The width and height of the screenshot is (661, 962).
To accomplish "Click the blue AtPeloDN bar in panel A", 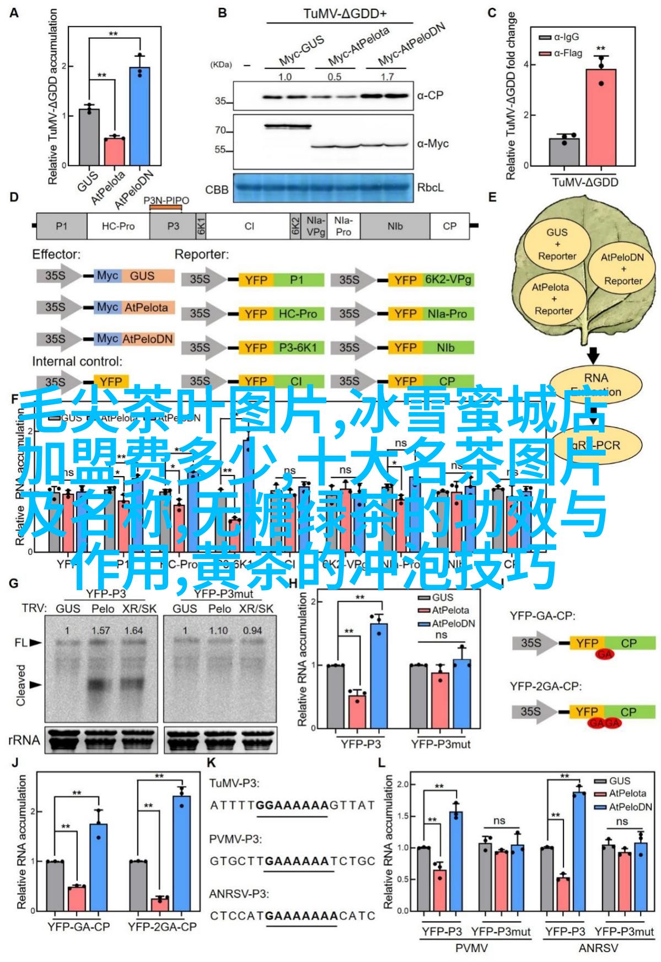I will (140, 116).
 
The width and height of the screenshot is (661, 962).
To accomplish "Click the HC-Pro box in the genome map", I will (118, 226).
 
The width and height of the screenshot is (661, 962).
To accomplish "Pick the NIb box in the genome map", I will (395, 226).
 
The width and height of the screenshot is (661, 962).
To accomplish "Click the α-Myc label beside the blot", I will (433, 144).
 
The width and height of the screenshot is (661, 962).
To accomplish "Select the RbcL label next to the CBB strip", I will (430, 188).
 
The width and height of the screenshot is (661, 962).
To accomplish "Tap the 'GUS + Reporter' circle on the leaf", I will (557, 244).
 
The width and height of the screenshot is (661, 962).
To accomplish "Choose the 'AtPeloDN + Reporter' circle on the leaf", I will (622, 269).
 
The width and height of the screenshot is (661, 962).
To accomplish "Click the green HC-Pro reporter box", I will (298, 314).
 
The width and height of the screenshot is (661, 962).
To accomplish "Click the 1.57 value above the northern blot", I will (101, 630).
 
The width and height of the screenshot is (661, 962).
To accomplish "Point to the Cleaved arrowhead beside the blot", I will (36, 685).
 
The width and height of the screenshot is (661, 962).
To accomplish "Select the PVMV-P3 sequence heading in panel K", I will (235, 839).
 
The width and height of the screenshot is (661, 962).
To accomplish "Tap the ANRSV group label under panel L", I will (598, 948).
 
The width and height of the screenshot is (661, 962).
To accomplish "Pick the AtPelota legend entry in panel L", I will (627, 793).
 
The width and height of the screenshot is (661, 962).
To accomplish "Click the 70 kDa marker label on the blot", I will (221, 131).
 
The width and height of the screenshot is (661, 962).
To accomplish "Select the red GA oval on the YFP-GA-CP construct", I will (604, 654).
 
